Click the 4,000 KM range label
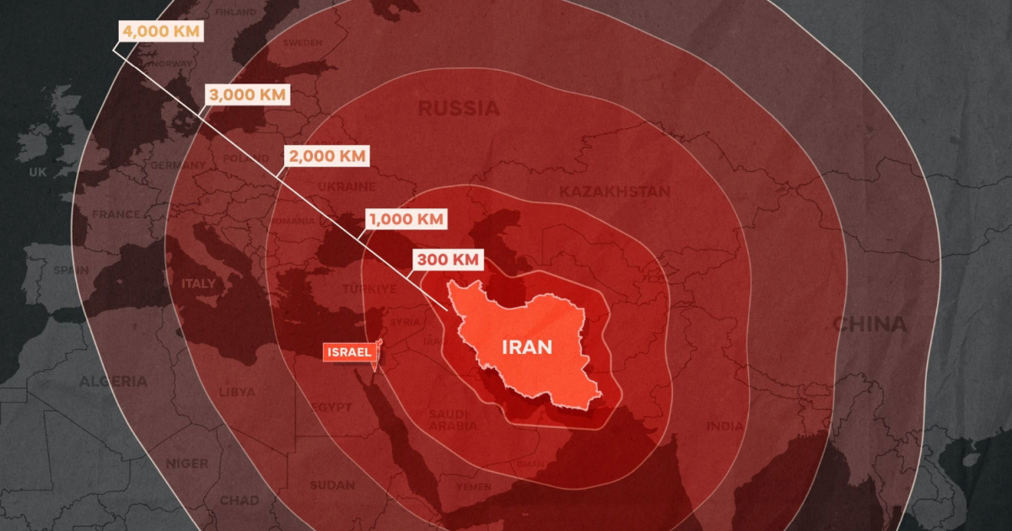click(x=162, y=31)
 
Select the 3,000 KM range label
click(x=247, y=94)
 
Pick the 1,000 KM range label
click(x=406, y=219)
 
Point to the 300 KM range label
click(x=448, y=260)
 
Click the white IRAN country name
click(x=527, y=346)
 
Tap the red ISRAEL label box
click(x=349, y=353)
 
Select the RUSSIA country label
click(x=459, y=108)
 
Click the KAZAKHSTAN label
click(x=614, y=191)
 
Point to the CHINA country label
click(x=869, y=324)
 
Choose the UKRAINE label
click(x=347, y=186)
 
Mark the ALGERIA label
click(x=113, y=381)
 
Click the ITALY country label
click(x=198, y=284)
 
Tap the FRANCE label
click(x=116, y=214)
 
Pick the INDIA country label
click(x=726, y=426)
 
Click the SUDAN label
click(x=332, y=485)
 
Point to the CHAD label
click(x=240, y=501)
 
